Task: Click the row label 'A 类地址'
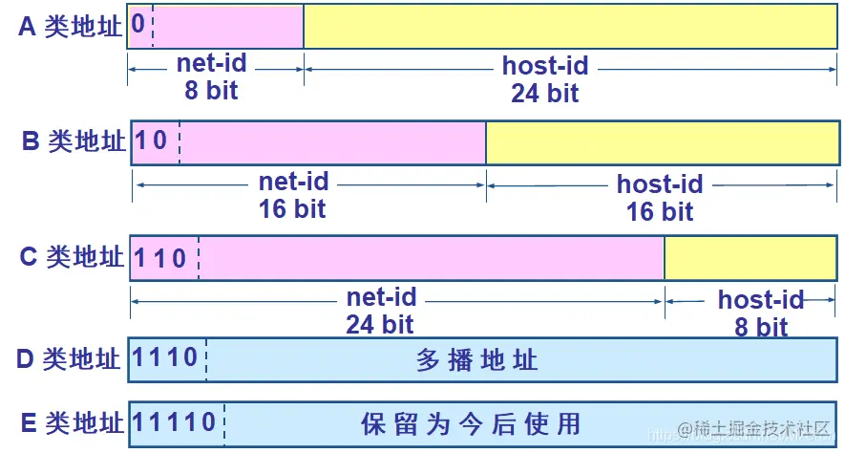click(71, 27)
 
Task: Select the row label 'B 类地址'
click(74, 141)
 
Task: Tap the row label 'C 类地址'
click(72, 257)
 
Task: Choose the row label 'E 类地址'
click(70, 422)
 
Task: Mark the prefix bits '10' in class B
click(151, 141)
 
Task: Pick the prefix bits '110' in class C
click(159, 257)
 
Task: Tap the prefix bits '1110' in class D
click(165, 358)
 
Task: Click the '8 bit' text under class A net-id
click(211, 91)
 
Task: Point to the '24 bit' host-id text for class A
click(544, 93)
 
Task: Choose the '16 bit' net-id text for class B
click(292, 208)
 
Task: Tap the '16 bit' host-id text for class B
click(659, 211)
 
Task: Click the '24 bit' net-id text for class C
click(380, 324)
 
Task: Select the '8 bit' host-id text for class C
click(760, 327)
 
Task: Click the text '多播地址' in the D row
click(477, 360)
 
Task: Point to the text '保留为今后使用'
click(471, 422)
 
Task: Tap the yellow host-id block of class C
click(750, 258)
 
